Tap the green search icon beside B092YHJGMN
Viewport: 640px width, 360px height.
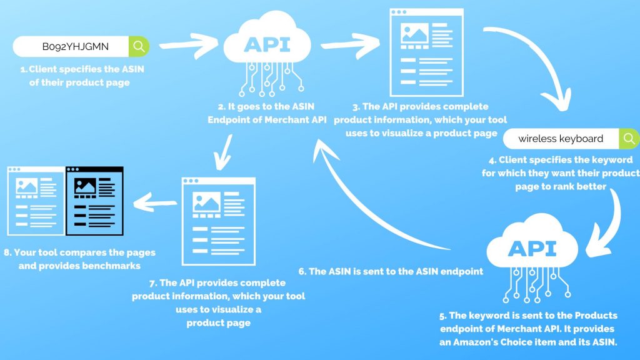pyautogui.click(x=139, y=46)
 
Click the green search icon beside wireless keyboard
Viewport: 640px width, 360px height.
pyautogui.click(x=628, y=138)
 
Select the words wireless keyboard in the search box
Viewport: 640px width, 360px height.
pyautogui.click(x=561, y=138)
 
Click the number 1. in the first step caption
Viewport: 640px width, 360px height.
pyautogui.click(x=24, y=69)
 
